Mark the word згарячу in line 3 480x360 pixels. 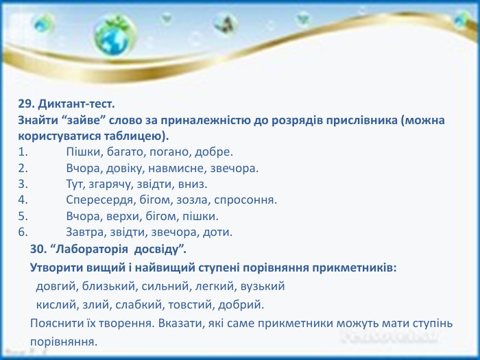click(x=115, y=184)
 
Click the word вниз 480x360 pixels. click(x=193, y=184)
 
